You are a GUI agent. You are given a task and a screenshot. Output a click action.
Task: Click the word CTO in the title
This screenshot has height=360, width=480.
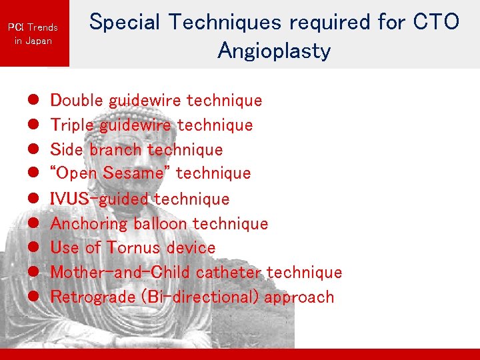437,22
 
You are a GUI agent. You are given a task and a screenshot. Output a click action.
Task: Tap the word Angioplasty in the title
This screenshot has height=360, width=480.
274,51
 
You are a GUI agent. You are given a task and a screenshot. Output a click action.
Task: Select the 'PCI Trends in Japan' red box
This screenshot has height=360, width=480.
33,33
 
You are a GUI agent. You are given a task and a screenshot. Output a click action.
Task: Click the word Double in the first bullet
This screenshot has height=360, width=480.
77,101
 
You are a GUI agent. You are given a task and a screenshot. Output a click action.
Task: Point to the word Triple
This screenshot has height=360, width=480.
71,125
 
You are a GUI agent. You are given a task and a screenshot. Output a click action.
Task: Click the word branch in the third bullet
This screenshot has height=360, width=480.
115,149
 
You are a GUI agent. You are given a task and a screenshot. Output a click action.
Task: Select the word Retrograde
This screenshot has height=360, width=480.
92,297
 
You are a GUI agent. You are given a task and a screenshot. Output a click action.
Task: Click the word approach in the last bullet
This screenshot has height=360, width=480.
299,297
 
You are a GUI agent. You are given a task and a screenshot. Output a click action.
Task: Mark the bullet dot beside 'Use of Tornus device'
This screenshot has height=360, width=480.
31,248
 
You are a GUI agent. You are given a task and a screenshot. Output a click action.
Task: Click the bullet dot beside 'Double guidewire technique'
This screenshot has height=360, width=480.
31,101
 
